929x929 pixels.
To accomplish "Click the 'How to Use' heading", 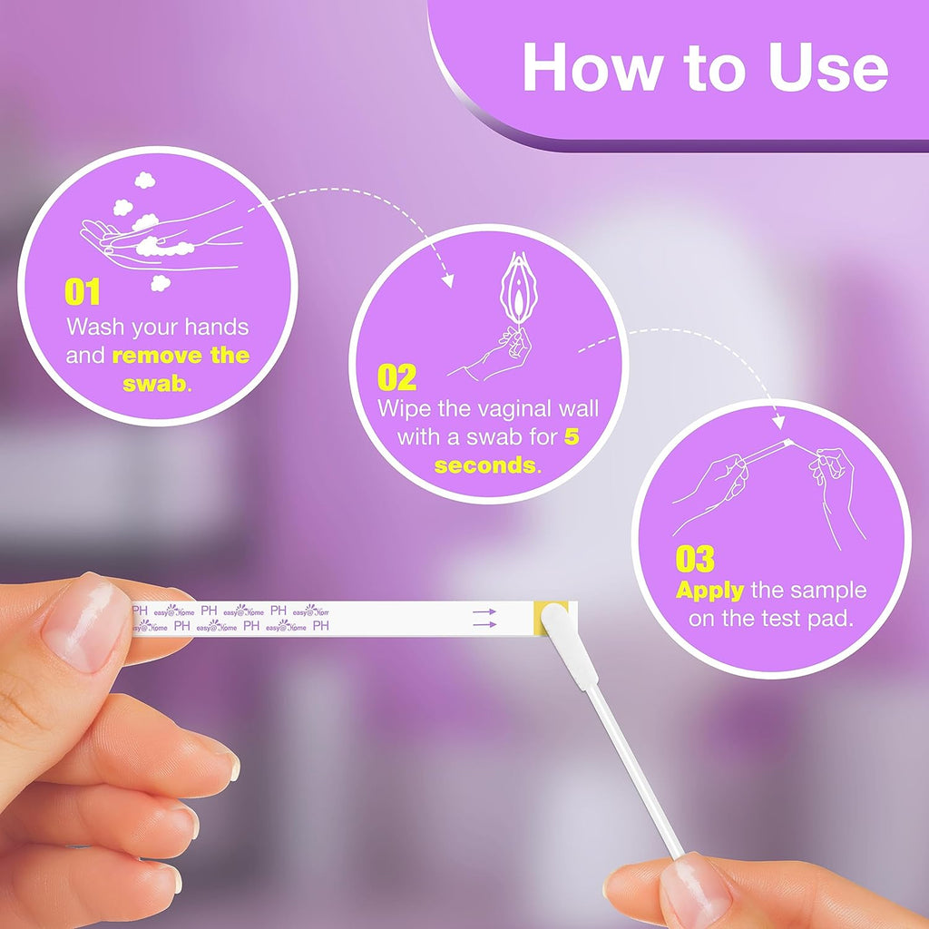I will pyautogui.click(x=704, y=67).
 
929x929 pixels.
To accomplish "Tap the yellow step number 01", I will pyautogui.click(x=82, y=293).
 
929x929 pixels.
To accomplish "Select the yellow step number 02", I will pyautogui.click(x=396, y=377).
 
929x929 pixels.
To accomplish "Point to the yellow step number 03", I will pyautogui.click(x=695, y=559).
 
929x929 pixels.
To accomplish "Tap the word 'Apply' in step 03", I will pyautogui.click(x=709, y=591).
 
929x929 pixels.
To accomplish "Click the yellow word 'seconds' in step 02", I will pyautogui.click(x=484, y=466).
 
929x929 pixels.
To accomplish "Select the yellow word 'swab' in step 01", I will pyautogui.click(x=154, y=383).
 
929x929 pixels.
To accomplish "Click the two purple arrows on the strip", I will pyautogui.click(x=484, y=618).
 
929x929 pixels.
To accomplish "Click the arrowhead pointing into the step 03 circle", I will pyautogui.click(x=777, y=423).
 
